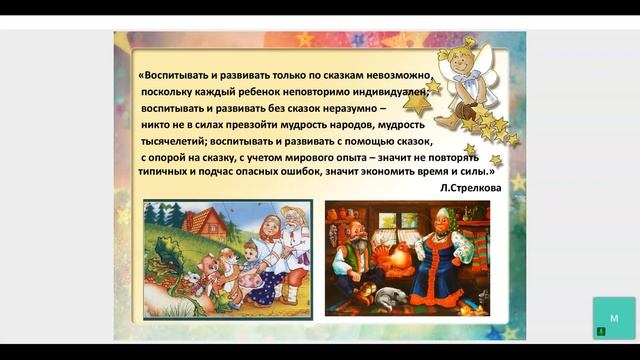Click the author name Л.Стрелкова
point(466,186)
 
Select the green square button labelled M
point(613,317)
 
